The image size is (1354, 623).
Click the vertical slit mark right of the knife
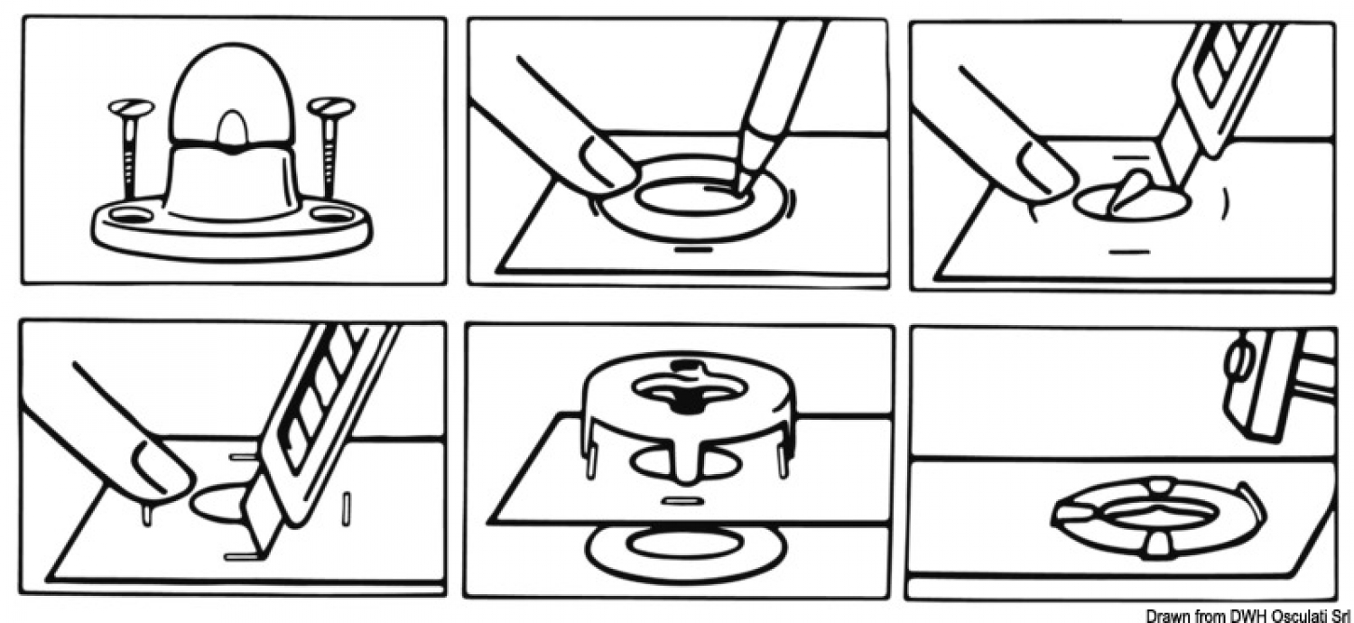click(x=347, y=508)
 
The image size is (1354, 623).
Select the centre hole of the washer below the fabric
click(x=685, y=544)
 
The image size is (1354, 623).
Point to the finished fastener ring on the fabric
click(x=1157, y=517)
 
